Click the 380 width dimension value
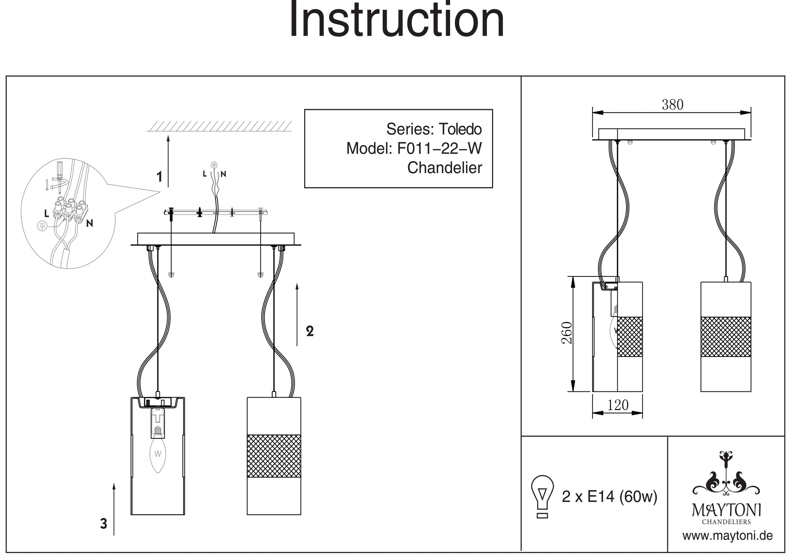pos(672,105)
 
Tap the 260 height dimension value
pos(567,333)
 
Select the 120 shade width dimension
pos(617,405)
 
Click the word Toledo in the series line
pos(460,129)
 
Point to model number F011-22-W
pos(439,148)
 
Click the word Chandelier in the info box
pos(445,168)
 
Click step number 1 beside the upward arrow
pos(159,177)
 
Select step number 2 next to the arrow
pos(310,331)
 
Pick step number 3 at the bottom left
pos(104,524)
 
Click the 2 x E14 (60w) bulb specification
pos(609,497)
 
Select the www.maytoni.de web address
pos(727,536)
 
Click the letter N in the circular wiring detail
pos(90,223)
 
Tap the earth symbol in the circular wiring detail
pos(42,226)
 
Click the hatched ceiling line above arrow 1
pos(219,126)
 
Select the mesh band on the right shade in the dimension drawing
pos(725,336)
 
